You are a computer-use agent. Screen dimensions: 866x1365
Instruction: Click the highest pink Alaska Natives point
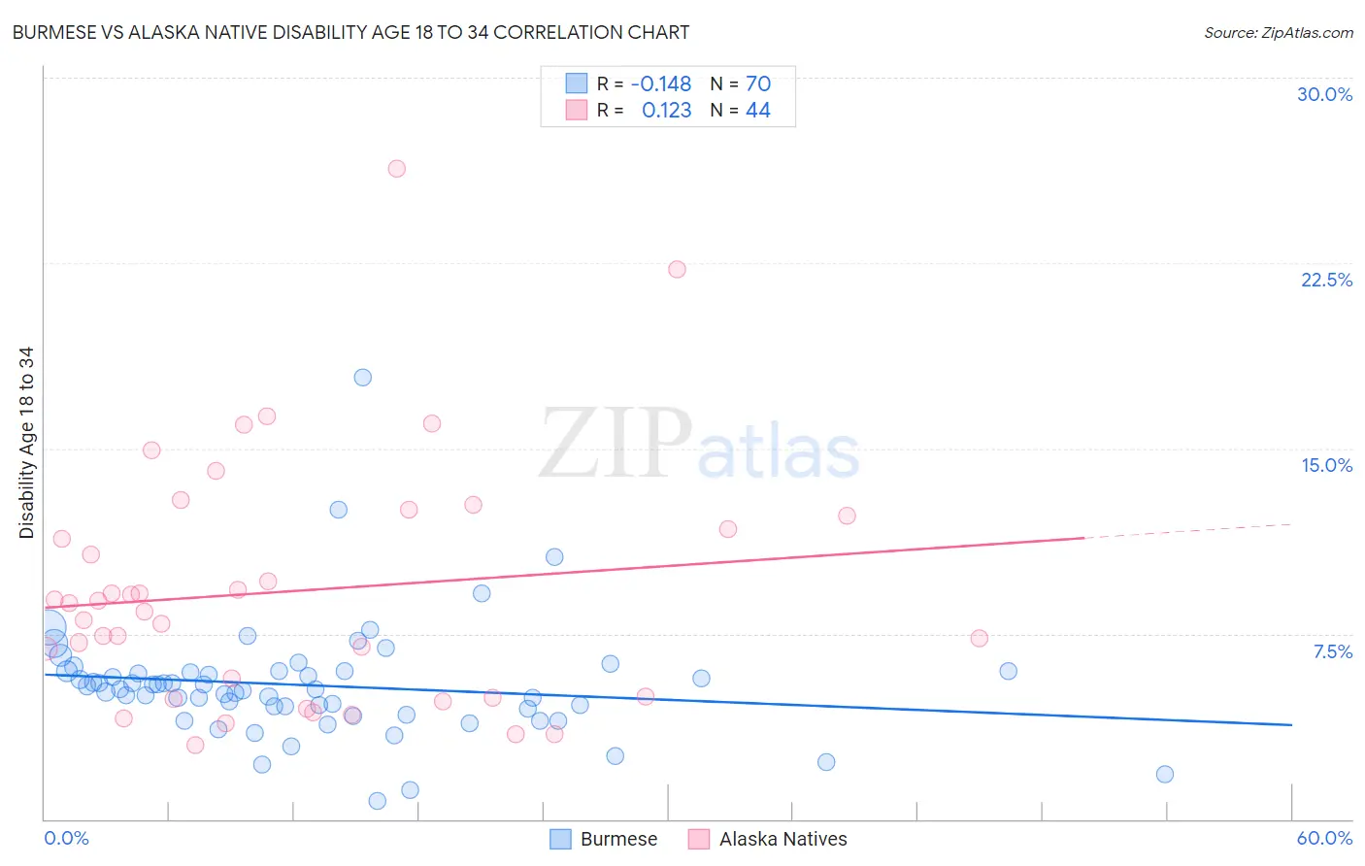[396, 169]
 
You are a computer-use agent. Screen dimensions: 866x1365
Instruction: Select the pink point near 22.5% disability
[677, 270]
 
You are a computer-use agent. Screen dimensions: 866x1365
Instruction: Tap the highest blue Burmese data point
[362, 378]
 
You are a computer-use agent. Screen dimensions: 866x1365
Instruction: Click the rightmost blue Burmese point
[1165, 775]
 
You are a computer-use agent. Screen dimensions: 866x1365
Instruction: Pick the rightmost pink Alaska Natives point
[979, 639]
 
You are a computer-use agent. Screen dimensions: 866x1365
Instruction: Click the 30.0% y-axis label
[1324, 95]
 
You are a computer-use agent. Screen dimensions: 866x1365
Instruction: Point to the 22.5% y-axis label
[1326, 281]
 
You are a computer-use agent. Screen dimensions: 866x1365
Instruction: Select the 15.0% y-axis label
[1326, 466]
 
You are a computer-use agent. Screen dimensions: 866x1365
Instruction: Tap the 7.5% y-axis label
[1332, 652]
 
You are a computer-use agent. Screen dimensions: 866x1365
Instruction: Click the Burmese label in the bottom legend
[618, 840]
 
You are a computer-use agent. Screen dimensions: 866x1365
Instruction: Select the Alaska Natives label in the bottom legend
[782, 840]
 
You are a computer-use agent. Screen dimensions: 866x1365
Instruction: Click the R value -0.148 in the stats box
[660, 84]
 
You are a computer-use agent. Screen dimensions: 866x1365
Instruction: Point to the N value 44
[757, 111]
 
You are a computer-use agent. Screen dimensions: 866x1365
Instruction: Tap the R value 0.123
[666, 111]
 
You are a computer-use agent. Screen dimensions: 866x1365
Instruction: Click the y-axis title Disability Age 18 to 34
[26, 443]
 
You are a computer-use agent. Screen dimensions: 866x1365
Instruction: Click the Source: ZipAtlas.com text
[1278, 33]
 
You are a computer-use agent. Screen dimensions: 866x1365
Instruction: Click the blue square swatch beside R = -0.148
[577, 83]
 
